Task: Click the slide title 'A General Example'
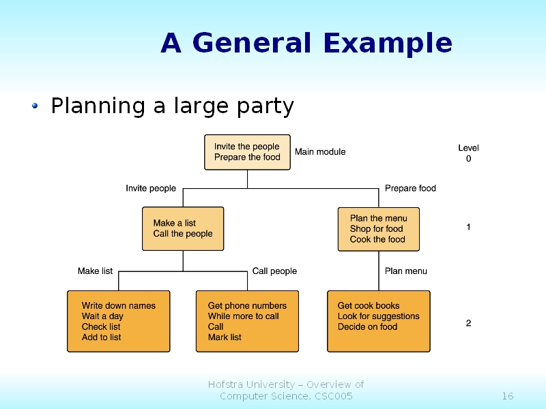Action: tap(306, 44)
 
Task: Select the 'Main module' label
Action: tap(320, 152)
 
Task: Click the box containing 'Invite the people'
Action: tap(247, 152)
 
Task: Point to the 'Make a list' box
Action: tap(183, 228)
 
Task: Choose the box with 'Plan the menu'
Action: tap(379, 229)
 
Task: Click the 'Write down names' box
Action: tap(118, 321)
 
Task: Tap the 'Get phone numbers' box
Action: tap(247, 321)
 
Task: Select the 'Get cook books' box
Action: tap(379, 321)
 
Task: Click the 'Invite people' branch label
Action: tap(151, 188)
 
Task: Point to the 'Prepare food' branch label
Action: tap(410, 188)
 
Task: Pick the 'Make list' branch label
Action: tap(95, 271)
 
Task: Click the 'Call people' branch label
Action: tap(274, 271)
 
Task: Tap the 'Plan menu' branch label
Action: tap(406, 271)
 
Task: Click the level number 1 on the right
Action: tap(468, 228)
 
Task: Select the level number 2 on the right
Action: tap(468, 323)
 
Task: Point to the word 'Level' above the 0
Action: tap(468, 148)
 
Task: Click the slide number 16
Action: tap(507, 397)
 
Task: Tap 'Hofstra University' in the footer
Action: tap(252, 384)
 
